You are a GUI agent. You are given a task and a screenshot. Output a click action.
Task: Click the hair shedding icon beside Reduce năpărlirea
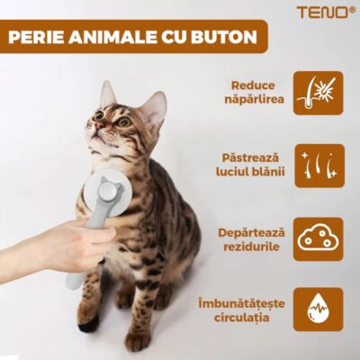click(x=318, y=94)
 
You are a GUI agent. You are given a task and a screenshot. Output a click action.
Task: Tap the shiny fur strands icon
click(x=318, y=166)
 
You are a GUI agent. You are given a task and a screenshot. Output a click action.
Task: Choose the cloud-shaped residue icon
click(x=318, y=238)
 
